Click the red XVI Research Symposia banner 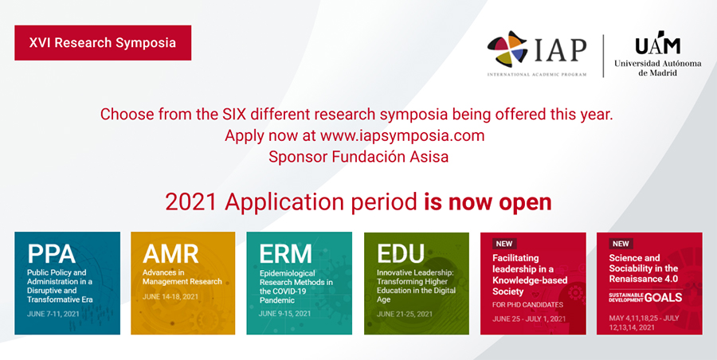click(x=103, y=42)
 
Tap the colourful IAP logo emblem click(x=507, y=49)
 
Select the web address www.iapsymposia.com click(x=402, y=136)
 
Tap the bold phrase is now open click(x=488, y=202)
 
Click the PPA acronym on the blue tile click(x=52, y=253)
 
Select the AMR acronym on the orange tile click(x=170, y=253)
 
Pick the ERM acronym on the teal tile click(x=286, y=253)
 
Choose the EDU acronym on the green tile click(x=401, y=253)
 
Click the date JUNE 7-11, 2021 click(x=53, y=314)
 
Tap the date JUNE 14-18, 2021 click(x=170, y=296)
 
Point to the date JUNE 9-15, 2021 click(x=285, y=314)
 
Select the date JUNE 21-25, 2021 click(x=405, y=315)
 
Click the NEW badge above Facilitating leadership click(x=504, y=244)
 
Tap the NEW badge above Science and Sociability click(x=621, y=244)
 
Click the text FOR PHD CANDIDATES click(x=527, y=305)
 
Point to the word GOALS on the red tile click(x=663, y=297)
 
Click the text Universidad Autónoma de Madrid click(x=657, y=68)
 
